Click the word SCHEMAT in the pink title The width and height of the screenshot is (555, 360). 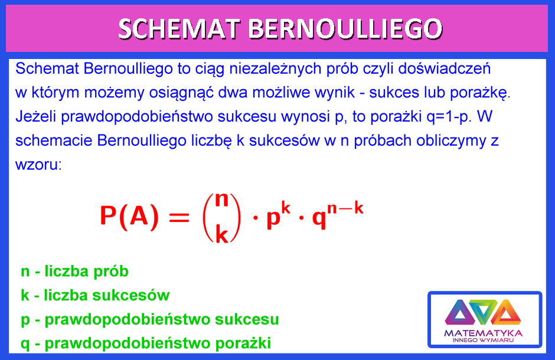179,29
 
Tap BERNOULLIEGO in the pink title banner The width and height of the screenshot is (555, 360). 345,29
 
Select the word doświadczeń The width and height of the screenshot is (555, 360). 444,68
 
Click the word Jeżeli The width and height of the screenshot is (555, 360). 36,117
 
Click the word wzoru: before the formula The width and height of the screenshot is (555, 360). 38,165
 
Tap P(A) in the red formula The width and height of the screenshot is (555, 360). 129,216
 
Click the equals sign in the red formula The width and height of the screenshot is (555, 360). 179,217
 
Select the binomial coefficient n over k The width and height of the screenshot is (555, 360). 222,218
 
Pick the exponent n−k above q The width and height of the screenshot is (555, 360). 345,208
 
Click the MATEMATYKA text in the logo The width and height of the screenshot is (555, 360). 484,333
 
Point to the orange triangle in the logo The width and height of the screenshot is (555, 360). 506,312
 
